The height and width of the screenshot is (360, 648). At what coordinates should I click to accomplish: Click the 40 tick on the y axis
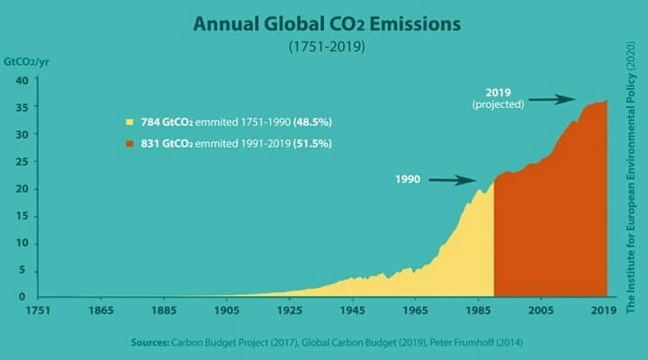25,80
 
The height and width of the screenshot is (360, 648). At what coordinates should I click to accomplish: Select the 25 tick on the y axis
25,162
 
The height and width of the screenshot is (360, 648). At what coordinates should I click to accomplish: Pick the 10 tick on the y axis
25,243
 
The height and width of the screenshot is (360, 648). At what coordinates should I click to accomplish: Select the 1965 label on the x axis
415,311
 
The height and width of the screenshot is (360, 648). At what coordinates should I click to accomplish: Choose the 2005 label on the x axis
541,311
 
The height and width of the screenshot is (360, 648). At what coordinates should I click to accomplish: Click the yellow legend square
130,120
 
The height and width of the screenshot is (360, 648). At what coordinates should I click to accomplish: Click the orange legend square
130,143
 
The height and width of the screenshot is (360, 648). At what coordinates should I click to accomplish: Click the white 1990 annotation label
408,180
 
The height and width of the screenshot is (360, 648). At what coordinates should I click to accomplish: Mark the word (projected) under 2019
498,105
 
